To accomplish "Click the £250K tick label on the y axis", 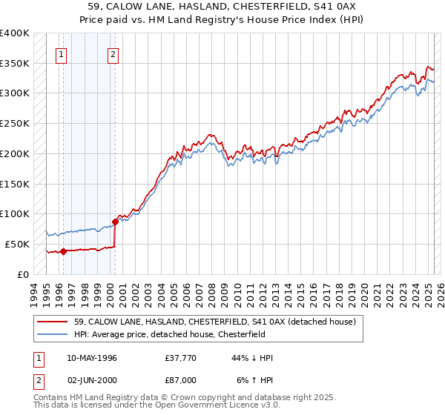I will [x=14, y=123].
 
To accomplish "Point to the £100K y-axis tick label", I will [x=14, y=213].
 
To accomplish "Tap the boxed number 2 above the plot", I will [x=113, y=53].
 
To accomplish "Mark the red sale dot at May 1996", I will [x=64, y=251].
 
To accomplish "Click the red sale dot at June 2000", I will [x=115, y=221].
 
